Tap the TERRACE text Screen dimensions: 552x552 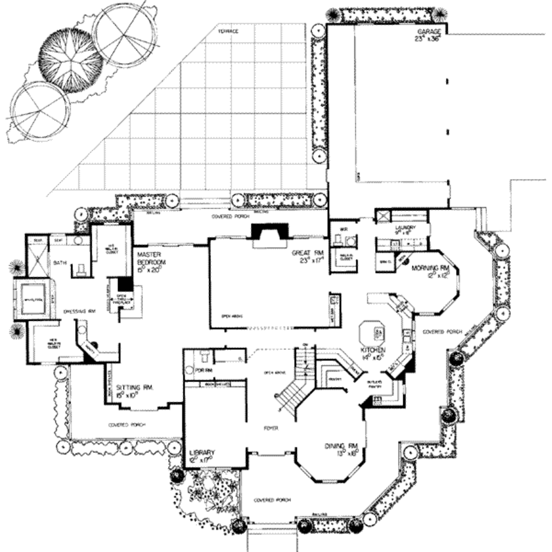227,31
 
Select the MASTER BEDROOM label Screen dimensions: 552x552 151,258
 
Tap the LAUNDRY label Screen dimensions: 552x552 405,228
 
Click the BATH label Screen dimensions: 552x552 59,263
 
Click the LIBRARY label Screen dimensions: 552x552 203,452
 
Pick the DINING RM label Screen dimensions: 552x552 342,446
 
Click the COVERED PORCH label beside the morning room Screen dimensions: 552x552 440,332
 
